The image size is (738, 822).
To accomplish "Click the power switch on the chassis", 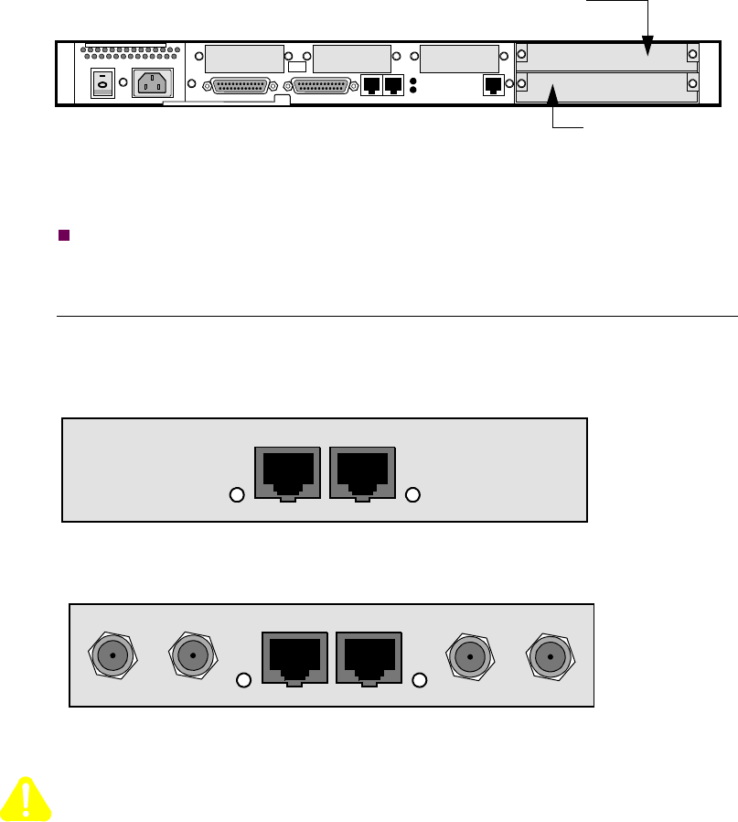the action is tap(102, 84).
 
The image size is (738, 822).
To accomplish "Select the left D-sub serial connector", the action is tap(242, 85).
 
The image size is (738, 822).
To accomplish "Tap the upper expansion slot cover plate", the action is tap(606, 56).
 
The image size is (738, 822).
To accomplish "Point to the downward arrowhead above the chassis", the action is tap(647, 47).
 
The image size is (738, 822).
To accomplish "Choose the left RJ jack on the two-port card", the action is tap(286, 473).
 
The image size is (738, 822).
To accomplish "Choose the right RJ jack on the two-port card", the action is tap(363, 473).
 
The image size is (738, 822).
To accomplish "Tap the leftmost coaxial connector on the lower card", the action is tap(112, 655).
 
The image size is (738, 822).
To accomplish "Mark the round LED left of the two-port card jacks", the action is tap(236, 495).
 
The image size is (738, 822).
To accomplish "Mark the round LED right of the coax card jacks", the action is tap(421, 680).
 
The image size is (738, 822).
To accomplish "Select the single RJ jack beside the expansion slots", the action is tap(492, 85).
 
